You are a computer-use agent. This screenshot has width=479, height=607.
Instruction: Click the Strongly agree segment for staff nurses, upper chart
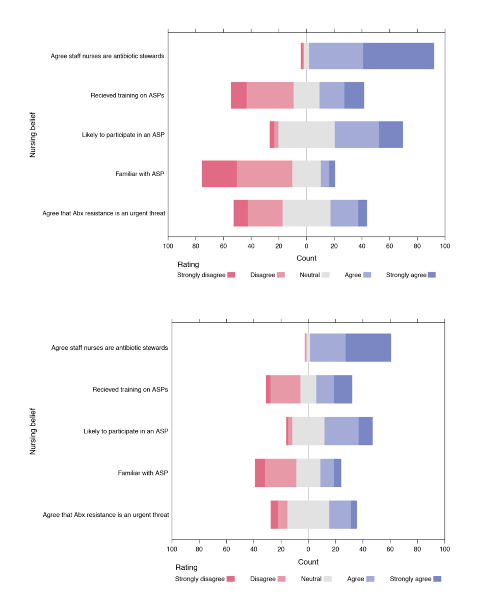pyautogui.click(x=398, y=56)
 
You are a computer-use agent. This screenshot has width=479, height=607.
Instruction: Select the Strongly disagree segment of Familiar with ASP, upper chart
pyautogui.click(x=219, y=174)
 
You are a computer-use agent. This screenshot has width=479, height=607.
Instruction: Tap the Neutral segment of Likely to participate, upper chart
pyautogui.click(x=306, y=134)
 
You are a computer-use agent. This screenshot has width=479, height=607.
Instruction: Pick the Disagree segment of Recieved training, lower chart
pyautogui.click(x=285, y=390)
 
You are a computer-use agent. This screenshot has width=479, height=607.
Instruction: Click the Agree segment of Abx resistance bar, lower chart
pyautogui.click(x=340, y=515)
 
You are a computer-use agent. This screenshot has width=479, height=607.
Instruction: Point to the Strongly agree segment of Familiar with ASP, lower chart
pyautogui.click(x=337, y=473)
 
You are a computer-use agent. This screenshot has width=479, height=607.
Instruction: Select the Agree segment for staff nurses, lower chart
pyautogui.click(x=328, y=348)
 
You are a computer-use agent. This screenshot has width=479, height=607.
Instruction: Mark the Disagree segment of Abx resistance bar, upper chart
pyautogui.click(x=265, y=213)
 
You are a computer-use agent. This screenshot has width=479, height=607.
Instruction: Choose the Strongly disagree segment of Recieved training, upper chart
pyautogui.click(x=238, y=95)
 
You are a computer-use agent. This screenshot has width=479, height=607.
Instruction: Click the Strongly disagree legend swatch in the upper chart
pyautogui.click(x=231, y=275)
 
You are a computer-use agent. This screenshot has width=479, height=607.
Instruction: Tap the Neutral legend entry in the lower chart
pyautogui.click(x=316, y=579)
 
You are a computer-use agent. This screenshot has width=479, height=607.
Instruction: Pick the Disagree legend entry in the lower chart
pyautogui.click(x=268, y=579)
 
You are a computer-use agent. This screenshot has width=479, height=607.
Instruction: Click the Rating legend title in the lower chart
pyautogui.click(x=187, y=567)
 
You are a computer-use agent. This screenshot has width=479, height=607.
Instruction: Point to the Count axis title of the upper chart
pyautogui.click(x=306, y=258)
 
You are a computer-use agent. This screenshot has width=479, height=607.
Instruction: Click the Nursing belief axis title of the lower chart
pyautogui.click(x=33, y=431)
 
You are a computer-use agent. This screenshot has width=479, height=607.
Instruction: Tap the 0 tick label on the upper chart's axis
pyautogui.click(x=306, y=247)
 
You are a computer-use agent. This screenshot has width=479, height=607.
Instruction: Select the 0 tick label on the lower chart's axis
pyautogui.click(x=308, y=550)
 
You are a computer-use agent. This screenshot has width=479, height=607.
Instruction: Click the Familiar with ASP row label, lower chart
pyautogui.click(x=143, y=473)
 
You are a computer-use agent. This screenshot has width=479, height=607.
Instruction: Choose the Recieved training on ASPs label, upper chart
pyautogui.click(x=127, y=95)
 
